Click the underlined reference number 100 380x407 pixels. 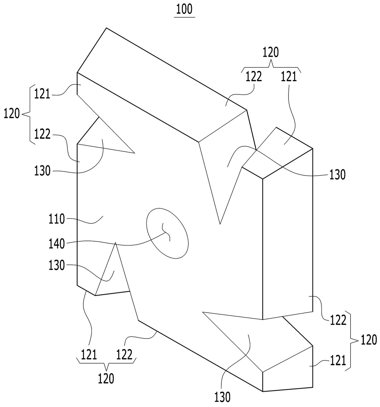pyautogui.click(x=184, y=10)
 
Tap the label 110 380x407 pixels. pyautogui.click(x=56, y=219)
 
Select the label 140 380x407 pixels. pyautogui.click(x=56, y=244)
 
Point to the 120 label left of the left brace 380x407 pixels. pyautogui.click(x=12, y=113)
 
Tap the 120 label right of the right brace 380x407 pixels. pyautogui.click(x=369, y=340)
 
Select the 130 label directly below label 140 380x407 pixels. pyautogui.click(x=56, y=265)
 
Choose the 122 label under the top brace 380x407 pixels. pyautogui.click(x=254, y=77)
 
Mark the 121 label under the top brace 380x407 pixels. pyautogui.click(x=289, y=77)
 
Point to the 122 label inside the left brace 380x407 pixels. pyautogui.click(x=42, y=134)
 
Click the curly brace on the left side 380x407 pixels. pyautogui.click(x=30, y=114)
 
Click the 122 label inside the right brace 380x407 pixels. pyautogui.click(x=338, y=320)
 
